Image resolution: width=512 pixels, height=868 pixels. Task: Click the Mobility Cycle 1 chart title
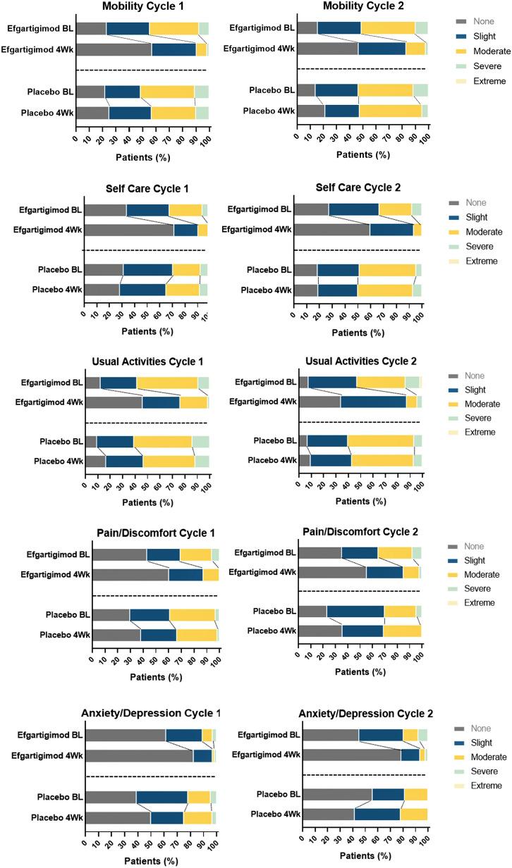pyautogui.click(x=143, y=6)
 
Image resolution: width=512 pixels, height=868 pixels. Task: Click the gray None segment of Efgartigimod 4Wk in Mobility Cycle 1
pyautogui.click(x=114, y=49)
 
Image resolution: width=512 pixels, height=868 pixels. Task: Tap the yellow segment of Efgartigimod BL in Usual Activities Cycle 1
pyautogui.click(x=166, y=383)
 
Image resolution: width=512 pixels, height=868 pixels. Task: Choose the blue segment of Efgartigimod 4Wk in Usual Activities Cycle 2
pyautogui.click(x=373, y=402)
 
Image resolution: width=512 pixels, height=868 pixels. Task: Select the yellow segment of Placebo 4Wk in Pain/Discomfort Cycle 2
pyautogui.click(x=402, y=631)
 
